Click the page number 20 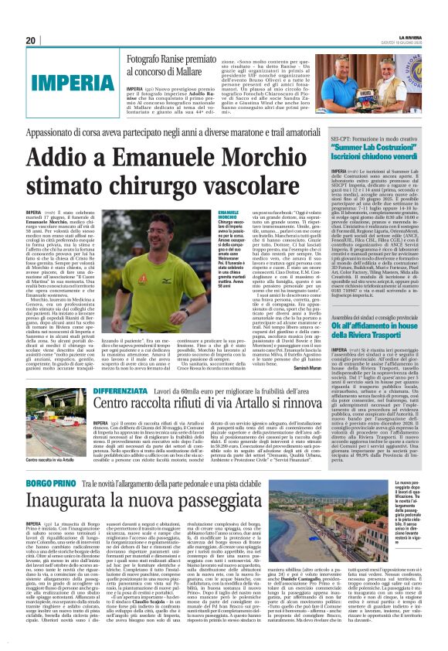pyautogui.click(x=31, y=40)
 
